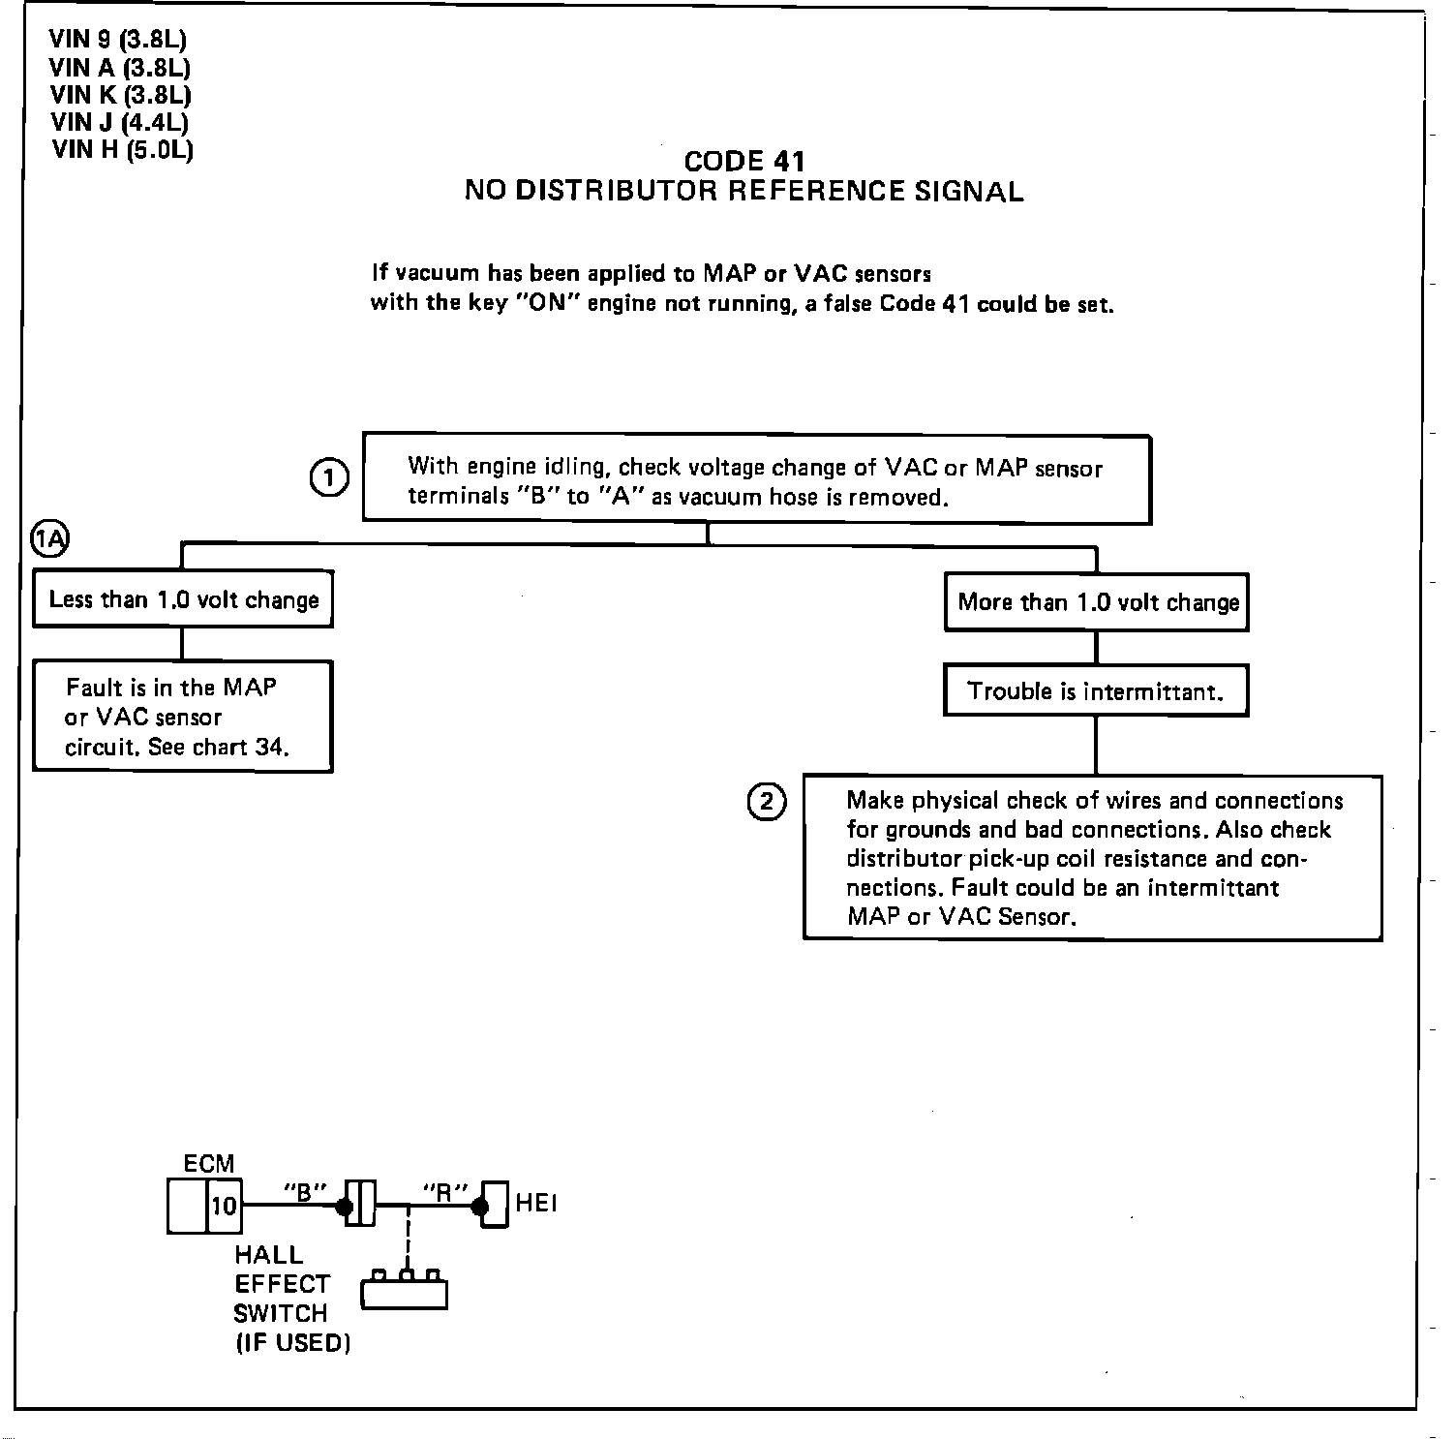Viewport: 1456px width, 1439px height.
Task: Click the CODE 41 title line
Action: point(743,161)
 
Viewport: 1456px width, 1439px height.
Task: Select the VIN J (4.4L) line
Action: point(119,122)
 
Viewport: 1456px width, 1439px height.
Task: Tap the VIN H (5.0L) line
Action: point(122,149)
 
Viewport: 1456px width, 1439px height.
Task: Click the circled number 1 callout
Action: point(329,478)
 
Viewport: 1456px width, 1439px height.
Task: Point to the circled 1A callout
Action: point(50,539)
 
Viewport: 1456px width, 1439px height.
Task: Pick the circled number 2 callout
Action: point(767,802)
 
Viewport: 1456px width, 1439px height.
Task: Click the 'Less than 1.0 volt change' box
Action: point(183,599)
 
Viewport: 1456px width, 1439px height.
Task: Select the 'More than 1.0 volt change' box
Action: point(1097,602)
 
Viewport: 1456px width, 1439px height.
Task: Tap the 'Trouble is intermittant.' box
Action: point(1096,691)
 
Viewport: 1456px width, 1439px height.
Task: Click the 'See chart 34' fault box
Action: point(183,717)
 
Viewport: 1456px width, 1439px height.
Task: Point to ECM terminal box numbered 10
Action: point(224,1207)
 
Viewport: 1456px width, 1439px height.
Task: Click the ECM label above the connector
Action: point(208,1164)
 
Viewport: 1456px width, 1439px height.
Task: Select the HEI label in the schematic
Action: point(536,1204)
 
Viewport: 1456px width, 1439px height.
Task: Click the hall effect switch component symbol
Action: point(405,1293)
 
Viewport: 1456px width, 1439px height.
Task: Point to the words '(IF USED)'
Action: point(292,1344)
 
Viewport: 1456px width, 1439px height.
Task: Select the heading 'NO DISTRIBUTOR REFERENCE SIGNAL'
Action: point(743,191)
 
